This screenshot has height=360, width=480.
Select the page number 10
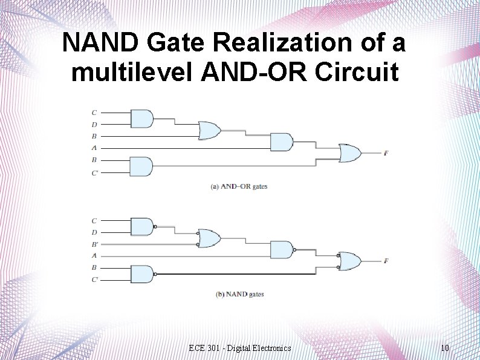(x=444, y=348)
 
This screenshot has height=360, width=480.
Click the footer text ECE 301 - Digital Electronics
(x=239, y=348)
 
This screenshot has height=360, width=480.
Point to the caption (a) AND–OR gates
(x=238, y=187)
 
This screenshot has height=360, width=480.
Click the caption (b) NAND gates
(x=239, y=295)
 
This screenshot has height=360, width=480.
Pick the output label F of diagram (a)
(x=386, y=153)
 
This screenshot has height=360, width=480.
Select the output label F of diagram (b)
(x=386, y=261)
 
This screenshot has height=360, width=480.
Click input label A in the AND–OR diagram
(x=94, y=148)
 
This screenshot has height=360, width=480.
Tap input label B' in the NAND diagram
(x=94, y=244)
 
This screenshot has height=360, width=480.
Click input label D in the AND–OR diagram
(x=94, y=125)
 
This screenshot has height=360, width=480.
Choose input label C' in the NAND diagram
(x=94, y=280)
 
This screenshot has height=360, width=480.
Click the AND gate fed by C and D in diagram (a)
(x=141, y=119)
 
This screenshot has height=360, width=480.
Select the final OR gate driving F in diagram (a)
(x=349, y=153)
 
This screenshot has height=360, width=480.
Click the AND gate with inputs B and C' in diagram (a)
(x=141, y=166)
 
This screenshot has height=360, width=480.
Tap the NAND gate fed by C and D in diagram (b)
(x=141, y=226)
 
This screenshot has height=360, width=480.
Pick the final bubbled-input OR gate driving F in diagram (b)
(x=349, y=261)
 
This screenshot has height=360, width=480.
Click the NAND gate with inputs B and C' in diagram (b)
(x=141, y=274)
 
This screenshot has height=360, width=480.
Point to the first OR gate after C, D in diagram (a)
(x=209, y=130)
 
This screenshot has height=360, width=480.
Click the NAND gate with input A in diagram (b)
(x=281, y=249)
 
